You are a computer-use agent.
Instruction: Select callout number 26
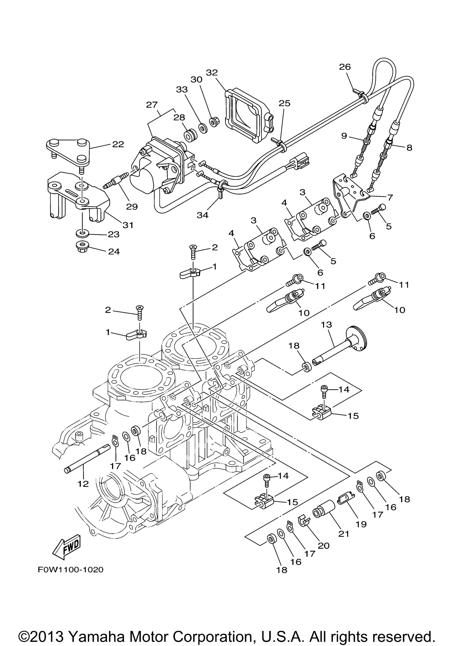[x=345, y=67]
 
